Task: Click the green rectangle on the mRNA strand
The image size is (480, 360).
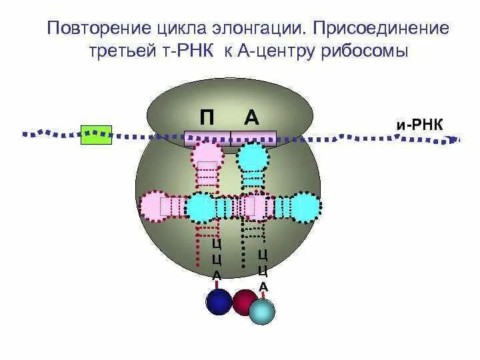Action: click(x=96, y=135)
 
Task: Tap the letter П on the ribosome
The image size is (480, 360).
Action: click(x=207, y=118)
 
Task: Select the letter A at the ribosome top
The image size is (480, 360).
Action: click(x=251, y=118)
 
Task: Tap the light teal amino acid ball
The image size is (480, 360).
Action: click(x=262, y=311)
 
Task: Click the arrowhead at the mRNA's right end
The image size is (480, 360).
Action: click(x=457, y=139)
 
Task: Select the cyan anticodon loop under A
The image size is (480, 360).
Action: click(x=253, y=157)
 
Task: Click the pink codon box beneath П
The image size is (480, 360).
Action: click(x=207, y=139)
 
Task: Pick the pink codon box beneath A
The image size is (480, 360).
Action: click(x=253, y=139)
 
